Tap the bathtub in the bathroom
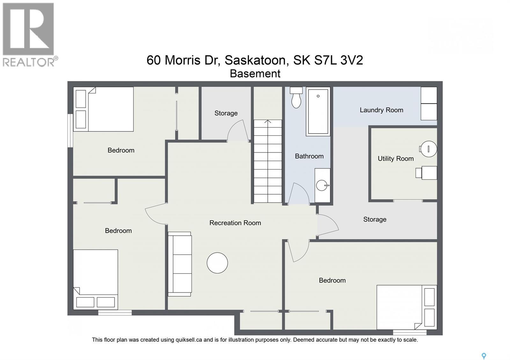[x=318, y=112]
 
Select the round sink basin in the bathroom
[x=322, y=185]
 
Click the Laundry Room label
[x=381, y=110]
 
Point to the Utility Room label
[x=395, y=158]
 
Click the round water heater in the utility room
[x=428, y=149]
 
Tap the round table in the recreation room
[x=217, y=263]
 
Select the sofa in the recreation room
[x=180, y=264]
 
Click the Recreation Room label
[x=235, y=223]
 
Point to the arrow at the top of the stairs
[x=268, y=122]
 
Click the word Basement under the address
[x=255, y=74]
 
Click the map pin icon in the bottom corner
[x=484, y=356]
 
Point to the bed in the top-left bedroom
[x=110, y=109]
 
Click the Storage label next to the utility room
[x=375, y=219]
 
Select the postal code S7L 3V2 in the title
[x=339, y=60]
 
